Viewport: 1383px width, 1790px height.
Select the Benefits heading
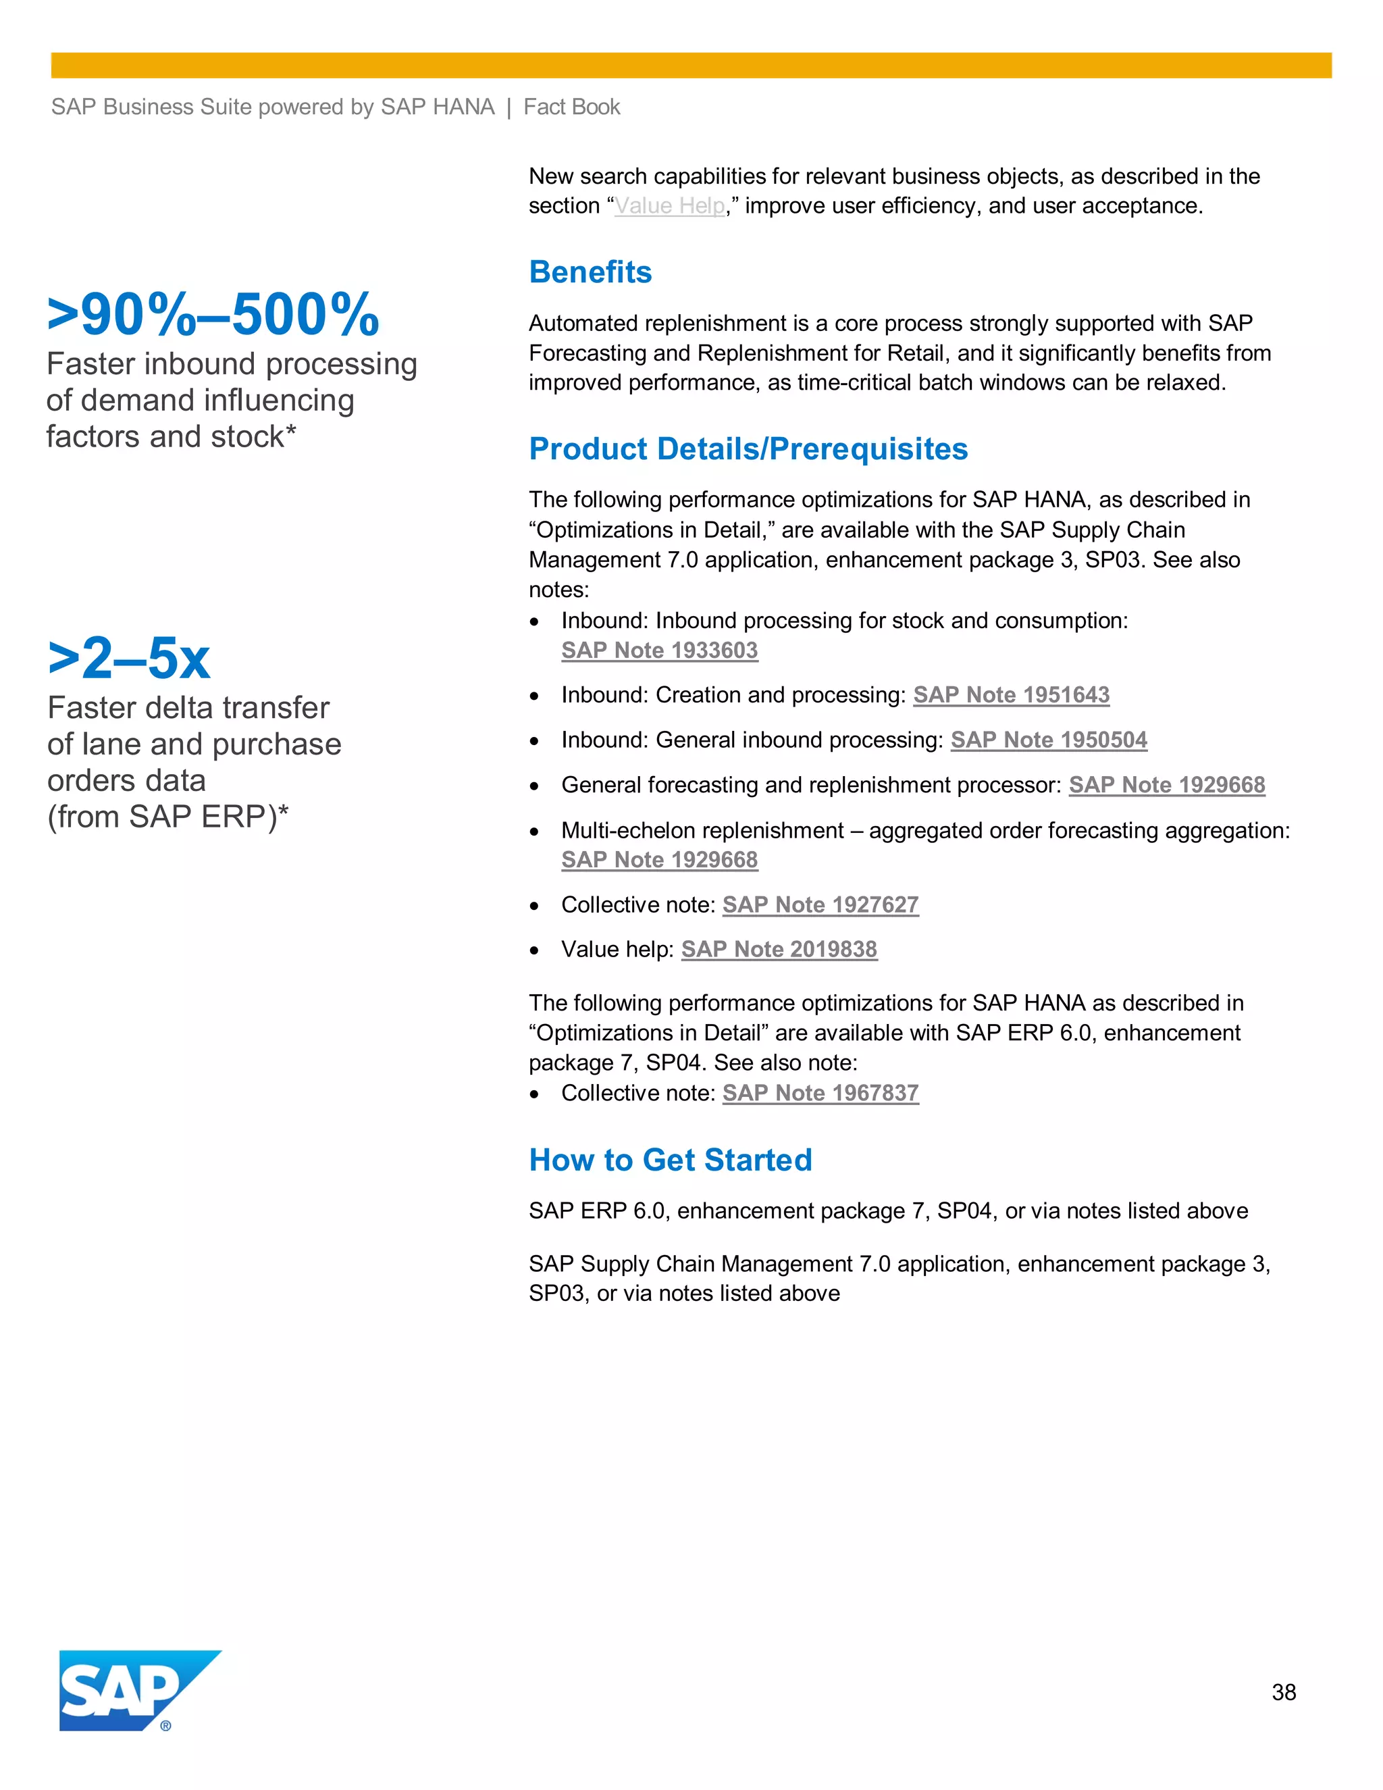590,272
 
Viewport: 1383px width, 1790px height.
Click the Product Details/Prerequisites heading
748,449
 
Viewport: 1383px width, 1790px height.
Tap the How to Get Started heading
670,1160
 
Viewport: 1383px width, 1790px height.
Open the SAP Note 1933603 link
660,650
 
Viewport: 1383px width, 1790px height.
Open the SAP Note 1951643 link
1011,695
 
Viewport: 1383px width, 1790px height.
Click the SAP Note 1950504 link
1049,740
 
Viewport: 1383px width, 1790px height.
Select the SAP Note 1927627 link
820,905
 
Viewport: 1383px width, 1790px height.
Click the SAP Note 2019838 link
779,949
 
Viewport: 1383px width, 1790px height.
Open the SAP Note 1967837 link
820,1094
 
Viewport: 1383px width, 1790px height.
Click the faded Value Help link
669,206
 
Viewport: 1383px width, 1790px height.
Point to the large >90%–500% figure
213,315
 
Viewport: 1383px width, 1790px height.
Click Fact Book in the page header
571,107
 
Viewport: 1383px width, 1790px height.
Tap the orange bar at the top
691,66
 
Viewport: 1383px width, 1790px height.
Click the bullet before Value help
534,951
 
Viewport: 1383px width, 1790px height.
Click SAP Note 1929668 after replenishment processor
1167,785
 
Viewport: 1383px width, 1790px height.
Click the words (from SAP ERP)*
167,817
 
